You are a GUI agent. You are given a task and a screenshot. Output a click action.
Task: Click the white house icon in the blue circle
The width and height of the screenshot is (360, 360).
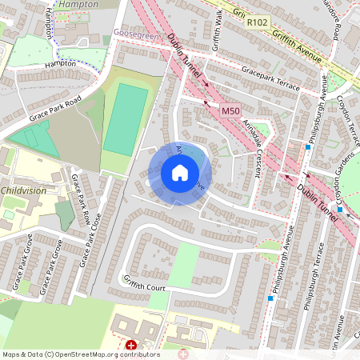[x=180, y=173]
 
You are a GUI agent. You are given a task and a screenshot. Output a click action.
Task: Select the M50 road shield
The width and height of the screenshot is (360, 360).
[x=231, y=111]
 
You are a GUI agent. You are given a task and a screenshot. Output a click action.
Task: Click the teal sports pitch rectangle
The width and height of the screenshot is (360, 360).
[x=126, y=121]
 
